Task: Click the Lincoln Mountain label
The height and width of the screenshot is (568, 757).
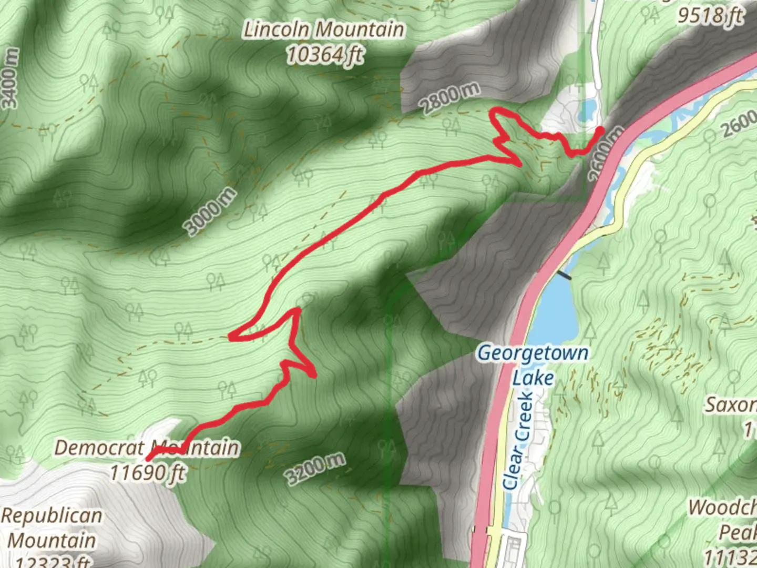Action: (x=324, y=29)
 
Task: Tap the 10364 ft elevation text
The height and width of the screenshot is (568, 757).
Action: (x=324, y=54)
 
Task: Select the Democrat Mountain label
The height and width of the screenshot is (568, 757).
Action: (x=147, y=448)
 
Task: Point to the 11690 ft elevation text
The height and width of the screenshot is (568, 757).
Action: (x=147, y=472)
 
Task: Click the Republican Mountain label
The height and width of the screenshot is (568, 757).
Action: (x=52, y=528)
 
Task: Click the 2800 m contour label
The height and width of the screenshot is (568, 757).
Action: (x=451, y=98)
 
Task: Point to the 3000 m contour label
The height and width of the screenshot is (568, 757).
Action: (x=209, y=211)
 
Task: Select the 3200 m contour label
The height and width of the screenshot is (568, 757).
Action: (x=315, y=469)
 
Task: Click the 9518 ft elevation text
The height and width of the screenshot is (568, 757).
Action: (x=711, y=15)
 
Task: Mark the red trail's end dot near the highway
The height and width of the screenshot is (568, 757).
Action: (x=600, y=130)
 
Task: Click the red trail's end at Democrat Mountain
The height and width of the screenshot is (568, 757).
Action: (x=149, y=459)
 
